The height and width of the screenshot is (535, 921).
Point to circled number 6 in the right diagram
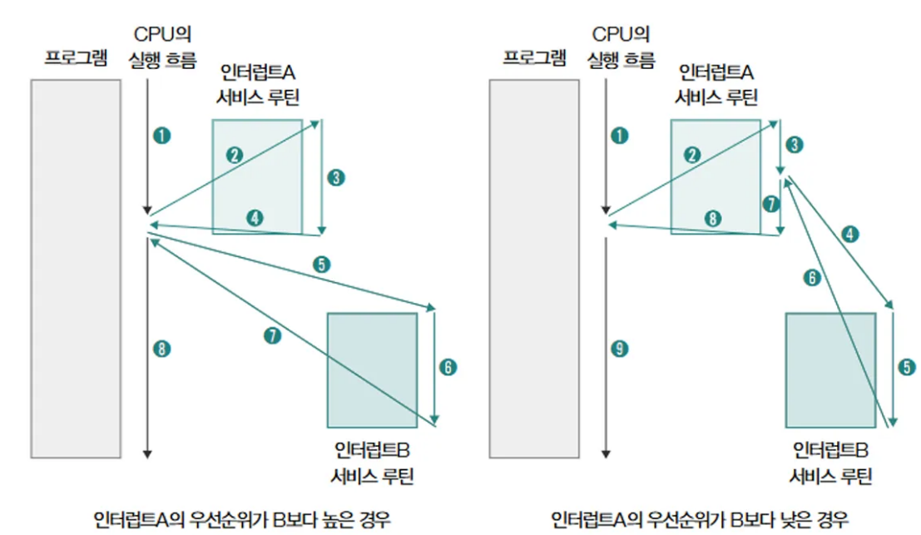pyautogui.click(x=811, y=279)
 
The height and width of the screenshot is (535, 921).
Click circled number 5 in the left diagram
pyautogui.click(x=323, y=265)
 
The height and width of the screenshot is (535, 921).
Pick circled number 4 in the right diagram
pyautogui.click(x=849, y=234)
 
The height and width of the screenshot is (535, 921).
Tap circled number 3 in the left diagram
pyautogui.click(x=336, y=177)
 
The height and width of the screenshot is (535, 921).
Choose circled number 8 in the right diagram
pyautogui.click(x=711, y=218)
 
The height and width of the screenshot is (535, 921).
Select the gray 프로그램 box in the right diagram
pyautogui.click(x=534, y=268)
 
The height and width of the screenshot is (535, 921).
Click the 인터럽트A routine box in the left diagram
pyautogui.click(x=256, y=176)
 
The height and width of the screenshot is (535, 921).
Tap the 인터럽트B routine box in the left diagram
pyautogui.click(x=372, y=369)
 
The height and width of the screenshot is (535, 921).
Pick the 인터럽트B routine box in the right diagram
pyautogui.click(x=829, y=369)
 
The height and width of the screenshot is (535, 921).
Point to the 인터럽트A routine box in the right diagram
pyautogui.click(x=714, y=176)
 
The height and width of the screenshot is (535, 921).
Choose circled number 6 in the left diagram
pyautogui.click(x=449, y=366)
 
